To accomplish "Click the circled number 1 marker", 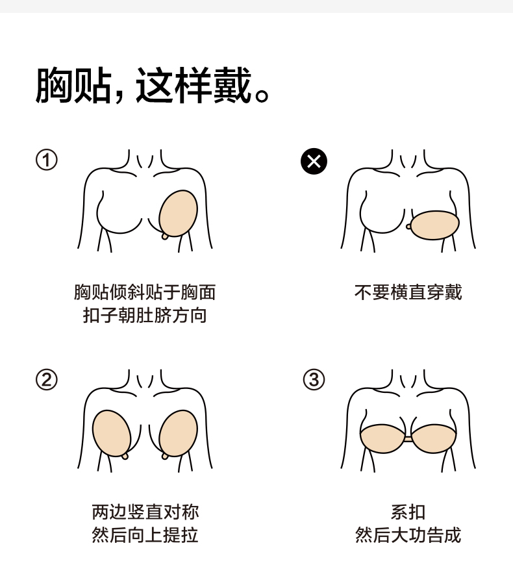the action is pos(46,160).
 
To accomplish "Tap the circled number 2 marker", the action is pos(46,380).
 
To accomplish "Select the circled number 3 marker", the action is pos(314,380).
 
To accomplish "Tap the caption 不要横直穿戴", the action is pos(408,292).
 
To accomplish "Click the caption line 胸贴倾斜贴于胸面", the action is pos(144,292).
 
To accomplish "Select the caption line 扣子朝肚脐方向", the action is pos(144,316).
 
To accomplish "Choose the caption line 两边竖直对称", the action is pos(144,512).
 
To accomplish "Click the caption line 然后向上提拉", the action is pos(144,536).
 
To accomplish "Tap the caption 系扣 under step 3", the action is pos(408,512).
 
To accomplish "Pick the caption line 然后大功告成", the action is pos(408,536).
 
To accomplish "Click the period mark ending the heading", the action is pos(262,97).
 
